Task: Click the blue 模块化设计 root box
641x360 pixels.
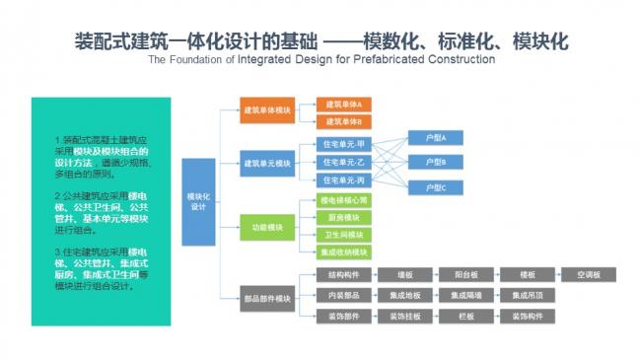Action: (x=197, y=201)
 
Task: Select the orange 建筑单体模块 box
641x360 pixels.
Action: (x=267, y=110)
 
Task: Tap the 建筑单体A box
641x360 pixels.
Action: (x=343, y=104)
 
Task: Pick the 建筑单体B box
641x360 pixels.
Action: (x=343, y=120)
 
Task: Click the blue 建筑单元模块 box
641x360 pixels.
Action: (x=267, y=161)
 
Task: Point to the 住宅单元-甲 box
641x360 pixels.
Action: (x=343, y=144)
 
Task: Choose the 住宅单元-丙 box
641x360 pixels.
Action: (x=343, y=180)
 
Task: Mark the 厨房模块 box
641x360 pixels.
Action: (x=343, y=217)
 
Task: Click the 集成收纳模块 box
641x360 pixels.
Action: (x=343, y=252)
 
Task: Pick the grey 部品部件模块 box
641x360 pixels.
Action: (x=267, y=298)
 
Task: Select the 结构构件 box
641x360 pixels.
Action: (x=343, y=275)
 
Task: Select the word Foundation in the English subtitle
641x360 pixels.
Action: (x=196, y=59)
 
